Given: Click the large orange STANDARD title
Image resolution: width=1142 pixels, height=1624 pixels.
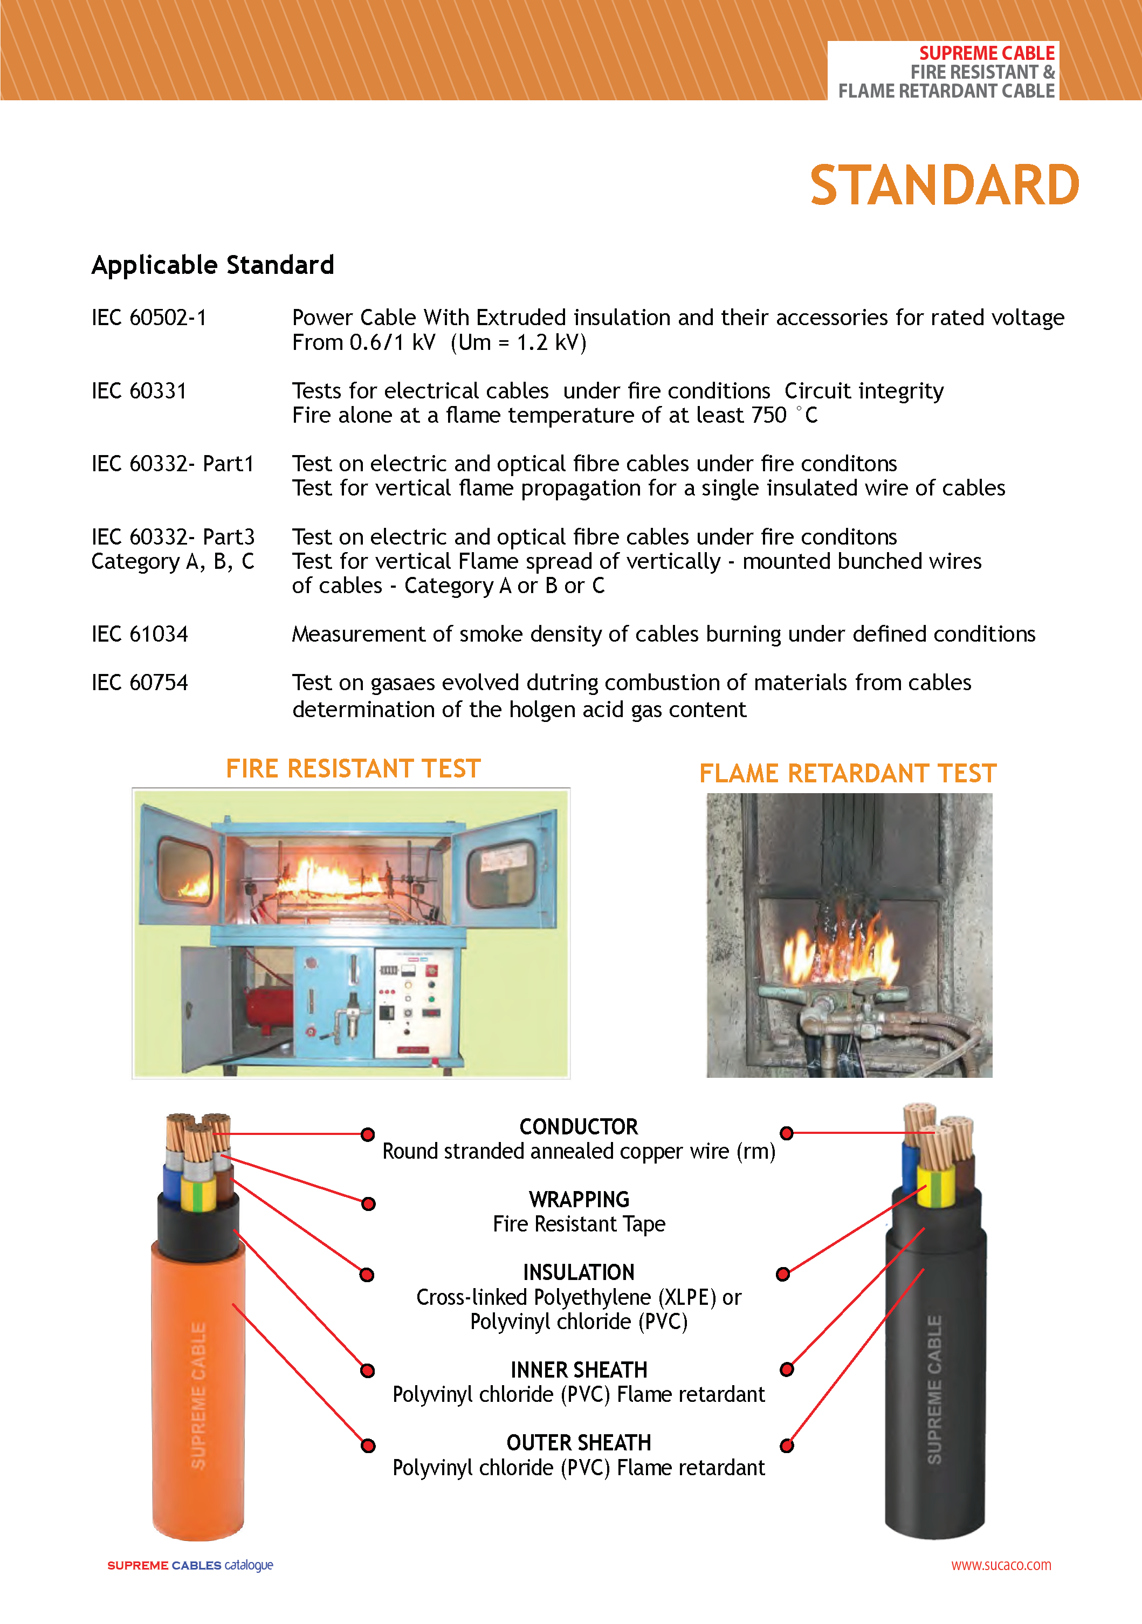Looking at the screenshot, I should [944, 185].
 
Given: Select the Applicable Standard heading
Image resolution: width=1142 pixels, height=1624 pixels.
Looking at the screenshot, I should [212, 265].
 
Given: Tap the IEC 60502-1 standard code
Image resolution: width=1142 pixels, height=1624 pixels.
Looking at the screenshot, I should [148, 318].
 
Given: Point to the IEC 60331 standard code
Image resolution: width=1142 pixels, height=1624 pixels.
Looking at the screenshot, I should [139, 391].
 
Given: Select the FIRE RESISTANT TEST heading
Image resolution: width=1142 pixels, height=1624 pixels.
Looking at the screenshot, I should [353, 769].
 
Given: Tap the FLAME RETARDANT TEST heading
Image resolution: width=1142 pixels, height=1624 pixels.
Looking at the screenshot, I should [847, 774].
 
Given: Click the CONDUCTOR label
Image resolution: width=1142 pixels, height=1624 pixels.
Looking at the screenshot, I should [579, 1127].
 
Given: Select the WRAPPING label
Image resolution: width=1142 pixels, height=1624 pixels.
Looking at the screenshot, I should [579, 1200].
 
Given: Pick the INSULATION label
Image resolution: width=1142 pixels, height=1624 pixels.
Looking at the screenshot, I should [579, 1272].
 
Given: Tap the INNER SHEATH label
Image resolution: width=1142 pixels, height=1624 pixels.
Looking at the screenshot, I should [579, 1370].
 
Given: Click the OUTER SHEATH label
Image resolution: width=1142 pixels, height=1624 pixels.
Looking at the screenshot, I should [579, 1443].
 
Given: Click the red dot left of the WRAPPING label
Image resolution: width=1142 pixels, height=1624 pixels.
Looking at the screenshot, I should [368, 1204].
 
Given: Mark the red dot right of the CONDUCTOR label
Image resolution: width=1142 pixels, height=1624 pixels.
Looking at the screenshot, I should [786, 1133].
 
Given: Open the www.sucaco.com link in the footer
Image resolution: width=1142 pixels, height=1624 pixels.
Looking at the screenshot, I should [1001, 1565].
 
